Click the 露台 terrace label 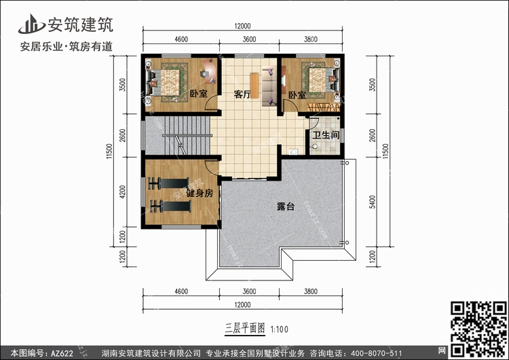286,206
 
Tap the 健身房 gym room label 200,194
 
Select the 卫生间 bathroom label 326,135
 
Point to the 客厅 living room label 242,94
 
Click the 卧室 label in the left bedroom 198,94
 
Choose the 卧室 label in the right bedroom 297,95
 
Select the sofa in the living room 269,86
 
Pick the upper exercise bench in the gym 168,183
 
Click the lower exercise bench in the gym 170,206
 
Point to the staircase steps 187,135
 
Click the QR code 479,329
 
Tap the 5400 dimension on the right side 373,202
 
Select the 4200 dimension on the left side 122,192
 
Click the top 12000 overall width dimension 242,26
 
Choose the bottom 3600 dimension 249,291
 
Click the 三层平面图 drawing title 245,328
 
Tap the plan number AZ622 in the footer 62,353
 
